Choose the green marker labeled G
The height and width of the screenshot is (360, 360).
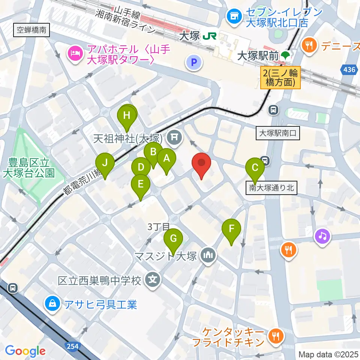173,239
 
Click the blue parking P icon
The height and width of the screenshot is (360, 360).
194,63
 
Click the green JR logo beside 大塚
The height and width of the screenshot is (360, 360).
209,36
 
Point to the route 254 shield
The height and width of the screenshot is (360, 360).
73,346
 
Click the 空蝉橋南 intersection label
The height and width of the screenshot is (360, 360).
31,30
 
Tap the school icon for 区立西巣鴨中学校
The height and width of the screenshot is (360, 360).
152,280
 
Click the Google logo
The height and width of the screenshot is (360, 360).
25,351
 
